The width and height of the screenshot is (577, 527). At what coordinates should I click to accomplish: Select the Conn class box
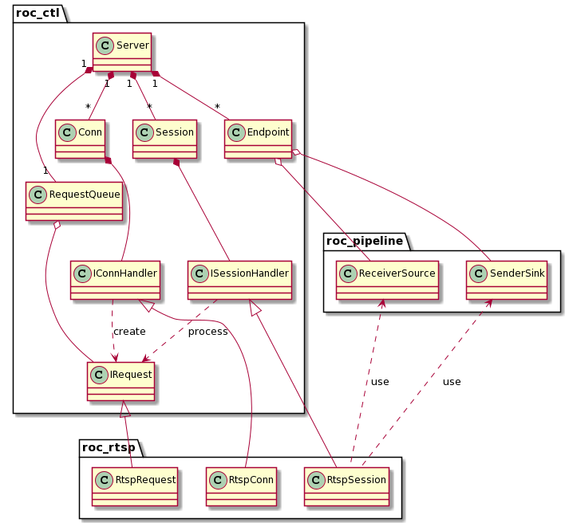(x=81, y=138)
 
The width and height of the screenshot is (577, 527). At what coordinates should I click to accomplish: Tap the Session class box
(x=165, y=138)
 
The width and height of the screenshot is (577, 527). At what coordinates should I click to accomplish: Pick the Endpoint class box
(x=259, y=138)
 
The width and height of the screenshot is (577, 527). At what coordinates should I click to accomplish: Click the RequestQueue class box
(x=74, y=200)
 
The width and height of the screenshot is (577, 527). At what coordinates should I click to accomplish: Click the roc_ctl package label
(x=38, y=13)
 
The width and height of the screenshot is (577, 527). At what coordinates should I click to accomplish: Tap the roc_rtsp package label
(x=108, y=446)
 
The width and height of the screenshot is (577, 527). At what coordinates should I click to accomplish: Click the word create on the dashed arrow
(x=129, y=331)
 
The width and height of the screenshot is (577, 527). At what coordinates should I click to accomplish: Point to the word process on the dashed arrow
(x=207, y=331)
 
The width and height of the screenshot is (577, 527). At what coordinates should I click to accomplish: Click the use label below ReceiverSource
(x=380, y=382)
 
